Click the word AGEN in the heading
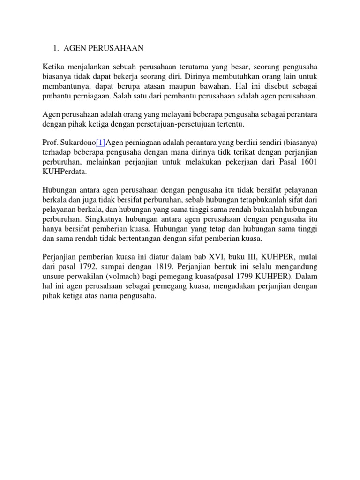coord(74,48)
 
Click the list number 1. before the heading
coord(56,48)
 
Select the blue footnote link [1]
coord(101,142)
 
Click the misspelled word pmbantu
coord(55,96)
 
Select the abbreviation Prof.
coord(51,142)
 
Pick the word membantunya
coord(64,86)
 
